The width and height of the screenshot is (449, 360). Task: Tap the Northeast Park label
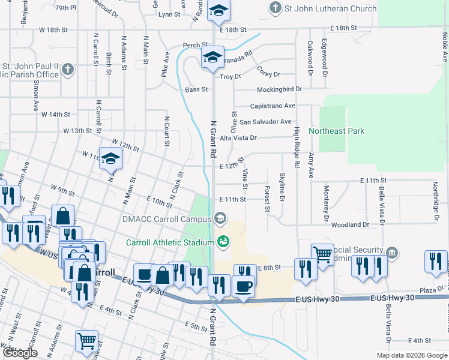[337, 131]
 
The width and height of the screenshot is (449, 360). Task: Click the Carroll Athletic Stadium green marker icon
[223, 242]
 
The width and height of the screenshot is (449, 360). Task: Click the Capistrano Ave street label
[272, 106]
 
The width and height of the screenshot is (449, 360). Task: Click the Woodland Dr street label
[349, 224]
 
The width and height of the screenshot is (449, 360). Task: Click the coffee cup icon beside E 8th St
[243, 286]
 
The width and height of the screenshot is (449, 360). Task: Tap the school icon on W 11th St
[111, 159]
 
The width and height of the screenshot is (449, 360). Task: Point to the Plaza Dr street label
[430, 290]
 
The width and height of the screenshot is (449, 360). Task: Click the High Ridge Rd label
[297, 148]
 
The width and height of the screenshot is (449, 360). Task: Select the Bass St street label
[196, 89]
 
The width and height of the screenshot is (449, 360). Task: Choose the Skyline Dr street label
[282, 187]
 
